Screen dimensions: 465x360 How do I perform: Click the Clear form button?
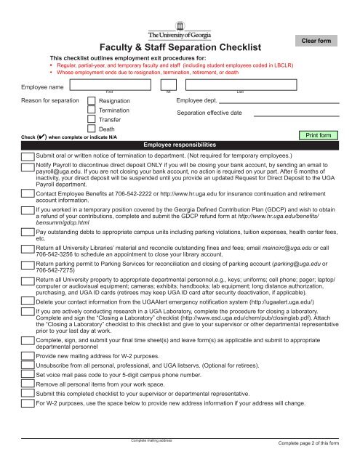tap(321, 42)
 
